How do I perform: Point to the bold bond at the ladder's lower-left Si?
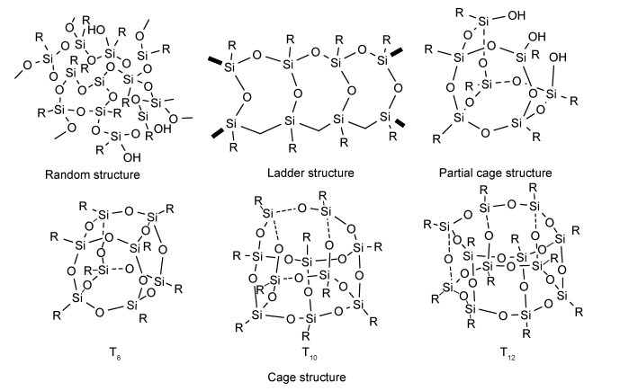click(216, 134)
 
